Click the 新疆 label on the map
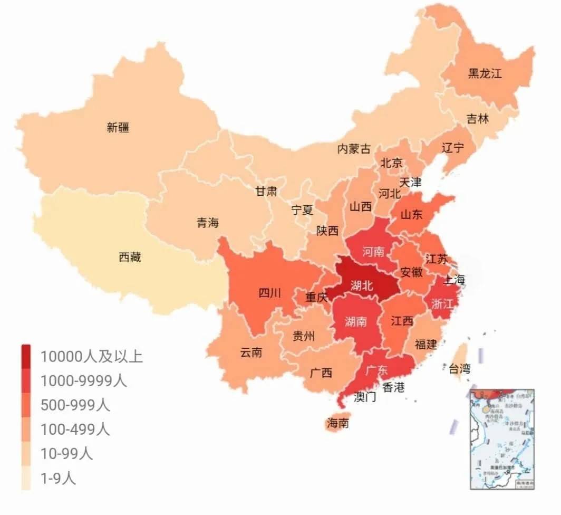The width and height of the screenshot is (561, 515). click(118, 127)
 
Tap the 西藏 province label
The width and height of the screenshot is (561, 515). click(130, 257)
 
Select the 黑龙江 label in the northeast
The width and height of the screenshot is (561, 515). click(485, 73)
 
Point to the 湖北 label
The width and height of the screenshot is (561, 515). click(361, 285)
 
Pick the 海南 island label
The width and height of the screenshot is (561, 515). click(337, 423)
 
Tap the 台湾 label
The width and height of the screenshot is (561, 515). click(459, 368)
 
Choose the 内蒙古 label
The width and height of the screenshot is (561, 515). click(354, 149)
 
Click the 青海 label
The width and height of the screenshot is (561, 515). click(208, 223)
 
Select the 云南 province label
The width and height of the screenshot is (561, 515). click(251, 352)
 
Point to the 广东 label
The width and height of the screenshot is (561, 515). click(376, 370)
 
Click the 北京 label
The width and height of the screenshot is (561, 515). click(391, 163)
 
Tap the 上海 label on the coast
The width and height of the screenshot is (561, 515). click(453, 280)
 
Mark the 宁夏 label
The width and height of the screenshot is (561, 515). click(302, 210)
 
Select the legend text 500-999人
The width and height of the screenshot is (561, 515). click(75, 405)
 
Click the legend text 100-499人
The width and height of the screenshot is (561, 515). click(75, 429)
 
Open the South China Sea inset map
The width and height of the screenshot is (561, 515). click(502, 438)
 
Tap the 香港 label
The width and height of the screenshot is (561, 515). click(393, 387)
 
